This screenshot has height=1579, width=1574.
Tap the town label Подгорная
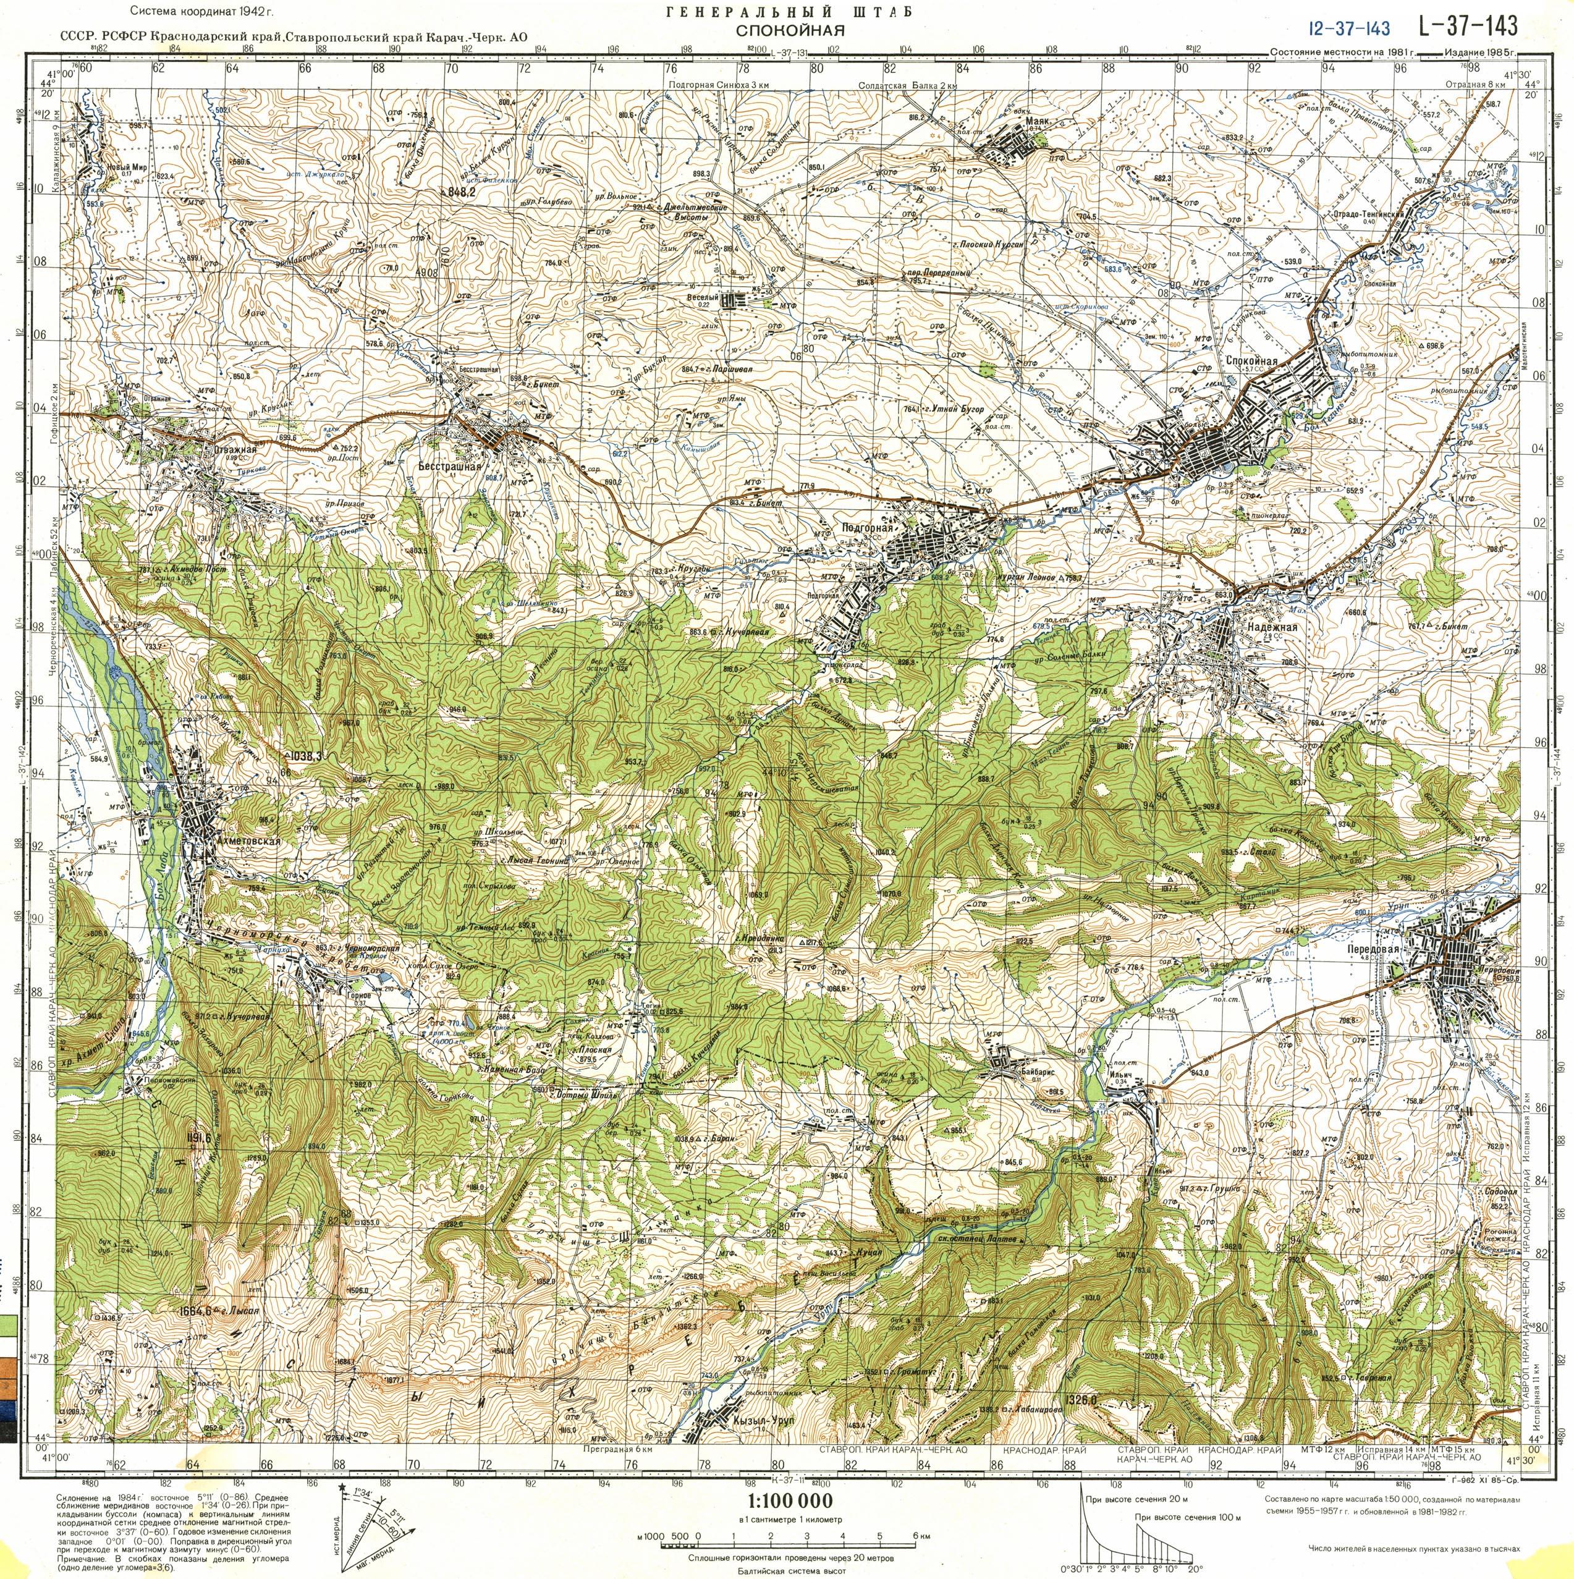pos(865,530)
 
